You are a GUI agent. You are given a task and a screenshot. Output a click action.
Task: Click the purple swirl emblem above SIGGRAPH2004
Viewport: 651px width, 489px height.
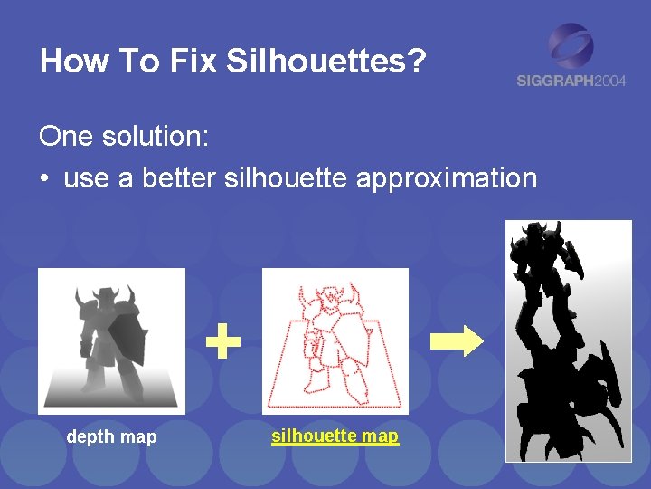(571, 45)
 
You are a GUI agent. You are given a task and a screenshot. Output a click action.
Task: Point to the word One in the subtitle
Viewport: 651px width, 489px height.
(67, 137)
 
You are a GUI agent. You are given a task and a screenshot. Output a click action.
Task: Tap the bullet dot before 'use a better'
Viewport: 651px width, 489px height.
(43, 178)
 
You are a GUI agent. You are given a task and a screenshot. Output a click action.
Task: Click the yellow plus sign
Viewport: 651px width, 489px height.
(222, 342)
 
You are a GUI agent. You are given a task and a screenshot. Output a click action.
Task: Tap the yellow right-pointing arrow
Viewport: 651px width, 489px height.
(458, 342)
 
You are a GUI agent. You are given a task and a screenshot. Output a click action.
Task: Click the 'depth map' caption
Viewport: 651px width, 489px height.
(111, 437)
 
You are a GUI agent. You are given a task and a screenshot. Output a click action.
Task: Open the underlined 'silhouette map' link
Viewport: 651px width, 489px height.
(335, 436)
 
